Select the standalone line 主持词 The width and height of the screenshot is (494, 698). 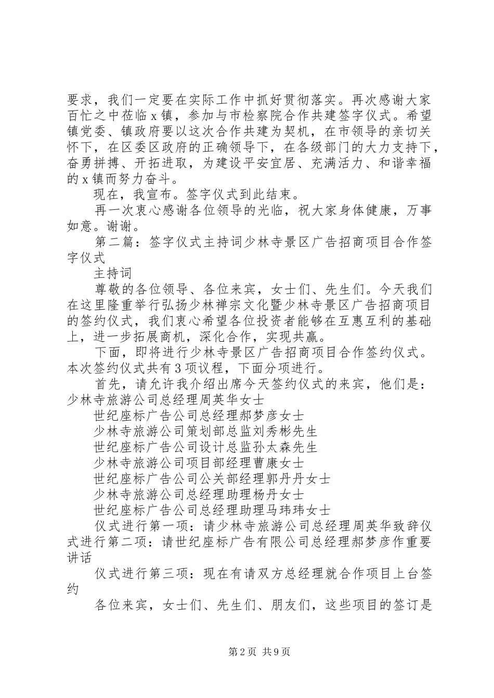click(x=114, y=273)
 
